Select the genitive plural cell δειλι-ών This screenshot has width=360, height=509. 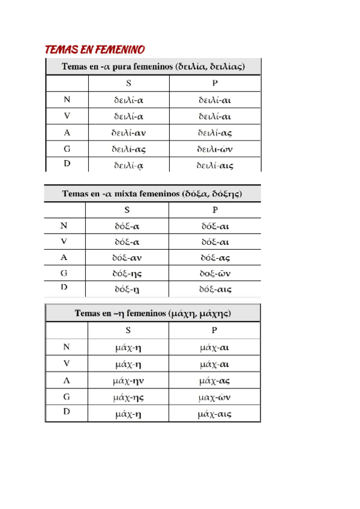(214, 149)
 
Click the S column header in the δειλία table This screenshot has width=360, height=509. (128, 83)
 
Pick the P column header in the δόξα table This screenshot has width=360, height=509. (215, 210)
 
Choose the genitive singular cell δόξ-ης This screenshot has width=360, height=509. (127, 274)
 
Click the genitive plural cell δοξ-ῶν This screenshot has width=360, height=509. (215, 274)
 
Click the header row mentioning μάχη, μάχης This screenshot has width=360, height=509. (153, 313)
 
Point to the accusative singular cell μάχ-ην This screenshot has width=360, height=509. (128, 380)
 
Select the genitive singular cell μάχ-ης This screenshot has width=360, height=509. (128, 397)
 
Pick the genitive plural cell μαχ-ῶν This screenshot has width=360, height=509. (214, 397)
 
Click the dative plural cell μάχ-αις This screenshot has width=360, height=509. (214, 413)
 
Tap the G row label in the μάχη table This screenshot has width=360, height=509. (66, 396)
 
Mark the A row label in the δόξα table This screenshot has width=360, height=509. (64, 258)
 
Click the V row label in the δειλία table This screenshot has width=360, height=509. (67, 116)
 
